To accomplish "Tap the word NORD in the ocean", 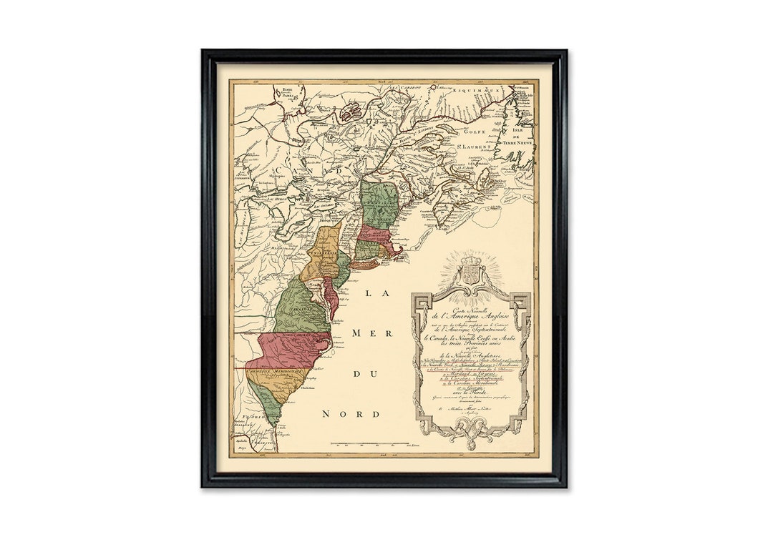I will pyautogui.click(x=351, y=414).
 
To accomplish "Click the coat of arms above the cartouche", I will pyautogui.click(x=470, y=270).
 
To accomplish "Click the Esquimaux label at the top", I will pyautogui.click(x=480, y=92).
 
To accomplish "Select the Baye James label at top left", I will pyautogui.click(x=288, y=92).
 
